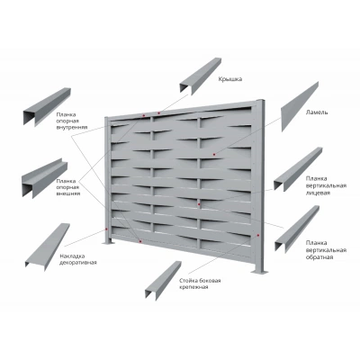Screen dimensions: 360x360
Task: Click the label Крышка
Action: pos(230,79)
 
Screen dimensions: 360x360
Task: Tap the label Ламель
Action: pos(317,112)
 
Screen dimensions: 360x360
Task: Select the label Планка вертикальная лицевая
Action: pos(326,185)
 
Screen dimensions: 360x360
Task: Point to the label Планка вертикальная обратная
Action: pos(326,250)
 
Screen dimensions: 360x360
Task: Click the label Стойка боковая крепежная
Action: pos(200,283)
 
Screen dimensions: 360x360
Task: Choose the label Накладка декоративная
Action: pos(78,259)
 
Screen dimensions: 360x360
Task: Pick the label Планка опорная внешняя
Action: pos(68,187)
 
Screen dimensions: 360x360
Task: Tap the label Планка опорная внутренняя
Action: pos(72,121)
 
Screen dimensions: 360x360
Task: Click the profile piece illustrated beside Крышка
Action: pos(201,76)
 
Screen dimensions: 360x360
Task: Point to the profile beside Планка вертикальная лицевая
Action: pos(297,170)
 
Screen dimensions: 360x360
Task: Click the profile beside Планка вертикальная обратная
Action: pos(296,229)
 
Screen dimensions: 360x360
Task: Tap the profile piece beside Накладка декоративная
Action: pos(48,247)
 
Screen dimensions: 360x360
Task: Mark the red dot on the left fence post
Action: pos(106,229)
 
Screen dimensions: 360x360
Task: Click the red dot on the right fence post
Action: pos(258,236)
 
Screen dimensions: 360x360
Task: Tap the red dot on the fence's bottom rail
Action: pos(140,241)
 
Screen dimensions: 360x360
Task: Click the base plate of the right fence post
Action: pos(260,272)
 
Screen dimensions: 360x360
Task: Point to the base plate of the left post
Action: pos(109,243)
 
